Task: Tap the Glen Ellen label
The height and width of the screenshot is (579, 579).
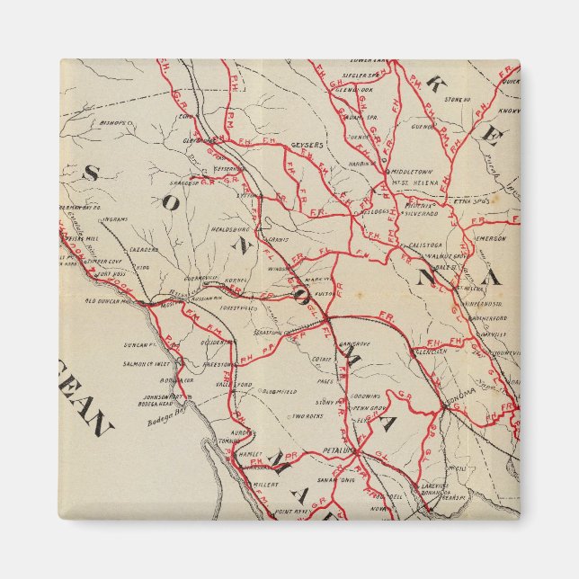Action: click(x=432, y=352)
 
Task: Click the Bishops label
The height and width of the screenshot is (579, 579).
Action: click(x=116, y=120)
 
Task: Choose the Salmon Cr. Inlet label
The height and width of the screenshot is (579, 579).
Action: click(x=148, y=363)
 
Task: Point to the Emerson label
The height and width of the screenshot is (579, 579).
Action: click(x=491, y=238)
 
